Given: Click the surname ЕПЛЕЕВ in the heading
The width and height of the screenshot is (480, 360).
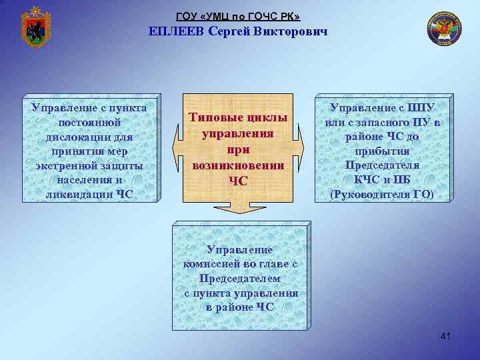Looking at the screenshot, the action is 176,31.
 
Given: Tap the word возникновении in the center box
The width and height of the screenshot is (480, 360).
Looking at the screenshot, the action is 238,165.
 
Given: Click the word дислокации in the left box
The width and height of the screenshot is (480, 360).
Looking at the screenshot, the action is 89,136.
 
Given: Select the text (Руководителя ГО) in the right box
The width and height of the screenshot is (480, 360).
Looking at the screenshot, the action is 382,194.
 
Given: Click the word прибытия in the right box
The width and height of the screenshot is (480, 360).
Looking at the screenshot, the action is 382,151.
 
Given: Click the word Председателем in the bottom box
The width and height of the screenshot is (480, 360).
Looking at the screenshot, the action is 240,278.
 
